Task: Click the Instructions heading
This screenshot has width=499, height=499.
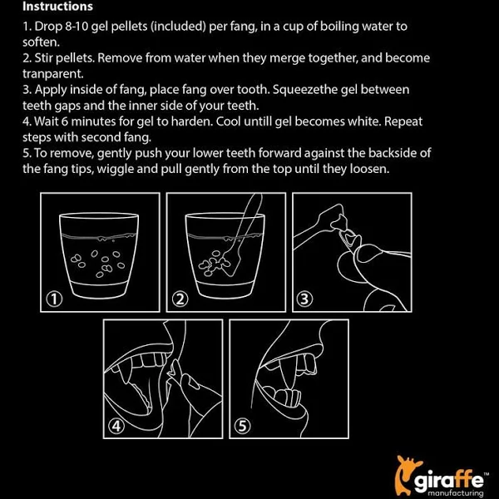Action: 57,7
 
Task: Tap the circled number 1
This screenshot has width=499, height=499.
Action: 54,299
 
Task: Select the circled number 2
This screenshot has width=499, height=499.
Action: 180,299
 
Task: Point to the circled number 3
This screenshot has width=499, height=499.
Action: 304,299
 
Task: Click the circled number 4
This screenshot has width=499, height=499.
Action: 116,426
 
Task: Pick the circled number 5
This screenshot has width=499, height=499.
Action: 242,426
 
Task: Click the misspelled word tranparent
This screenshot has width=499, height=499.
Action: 53,74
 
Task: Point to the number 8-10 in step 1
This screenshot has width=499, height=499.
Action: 77,27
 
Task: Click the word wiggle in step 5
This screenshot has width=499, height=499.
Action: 115,169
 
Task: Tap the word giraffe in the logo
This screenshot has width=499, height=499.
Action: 449,480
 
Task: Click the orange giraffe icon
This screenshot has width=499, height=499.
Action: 405,475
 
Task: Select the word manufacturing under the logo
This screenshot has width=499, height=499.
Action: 456,493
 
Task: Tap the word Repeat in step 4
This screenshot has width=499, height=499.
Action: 403,122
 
